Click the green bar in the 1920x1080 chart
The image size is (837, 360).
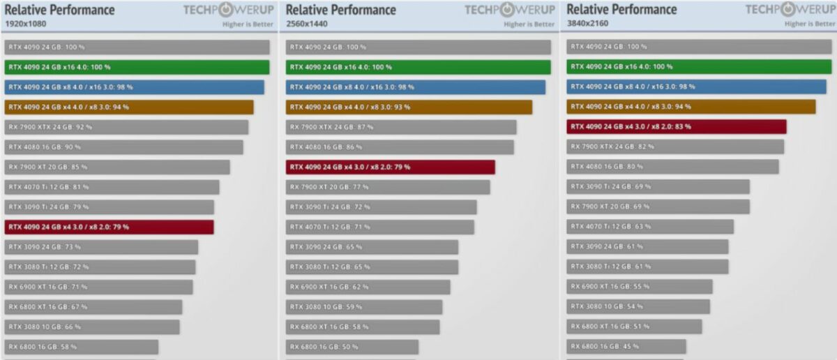click(x=137, y=67)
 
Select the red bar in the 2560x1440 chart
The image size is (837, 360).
click(x=391, y=167)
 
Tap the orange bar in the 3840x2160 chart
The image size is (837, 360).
click(x=691, y=107)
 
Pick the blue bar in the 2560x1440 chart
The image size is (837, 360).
click(x=416, y=87)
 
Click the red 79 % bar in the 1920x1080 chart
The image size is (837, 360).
click(x=109, y=227)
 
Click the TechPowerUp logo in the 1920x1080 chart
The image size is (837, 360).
click(x=227, y=10)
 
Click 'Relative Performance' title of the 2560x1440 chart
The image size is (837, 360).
click(x=341, y=10)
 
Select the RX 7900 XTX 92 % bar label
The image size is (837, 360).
click(x=50, y=127)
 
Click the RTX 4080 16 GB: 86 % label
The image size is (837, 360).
click(x=326, y=147)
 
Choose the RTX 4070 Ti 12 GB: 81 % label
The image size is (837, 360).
click(x=49, y=187)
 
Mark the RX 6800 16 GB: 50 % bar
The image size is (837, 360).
click(x=352, y=347)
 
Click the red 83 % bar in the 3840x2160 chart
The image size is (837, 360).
click(x=677, y=127)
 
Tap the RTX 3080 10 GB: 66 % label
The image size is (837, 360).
click(x=45, y=327)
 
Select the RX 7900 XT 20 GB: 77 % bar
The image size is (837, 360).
click(x=388, y=187)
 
